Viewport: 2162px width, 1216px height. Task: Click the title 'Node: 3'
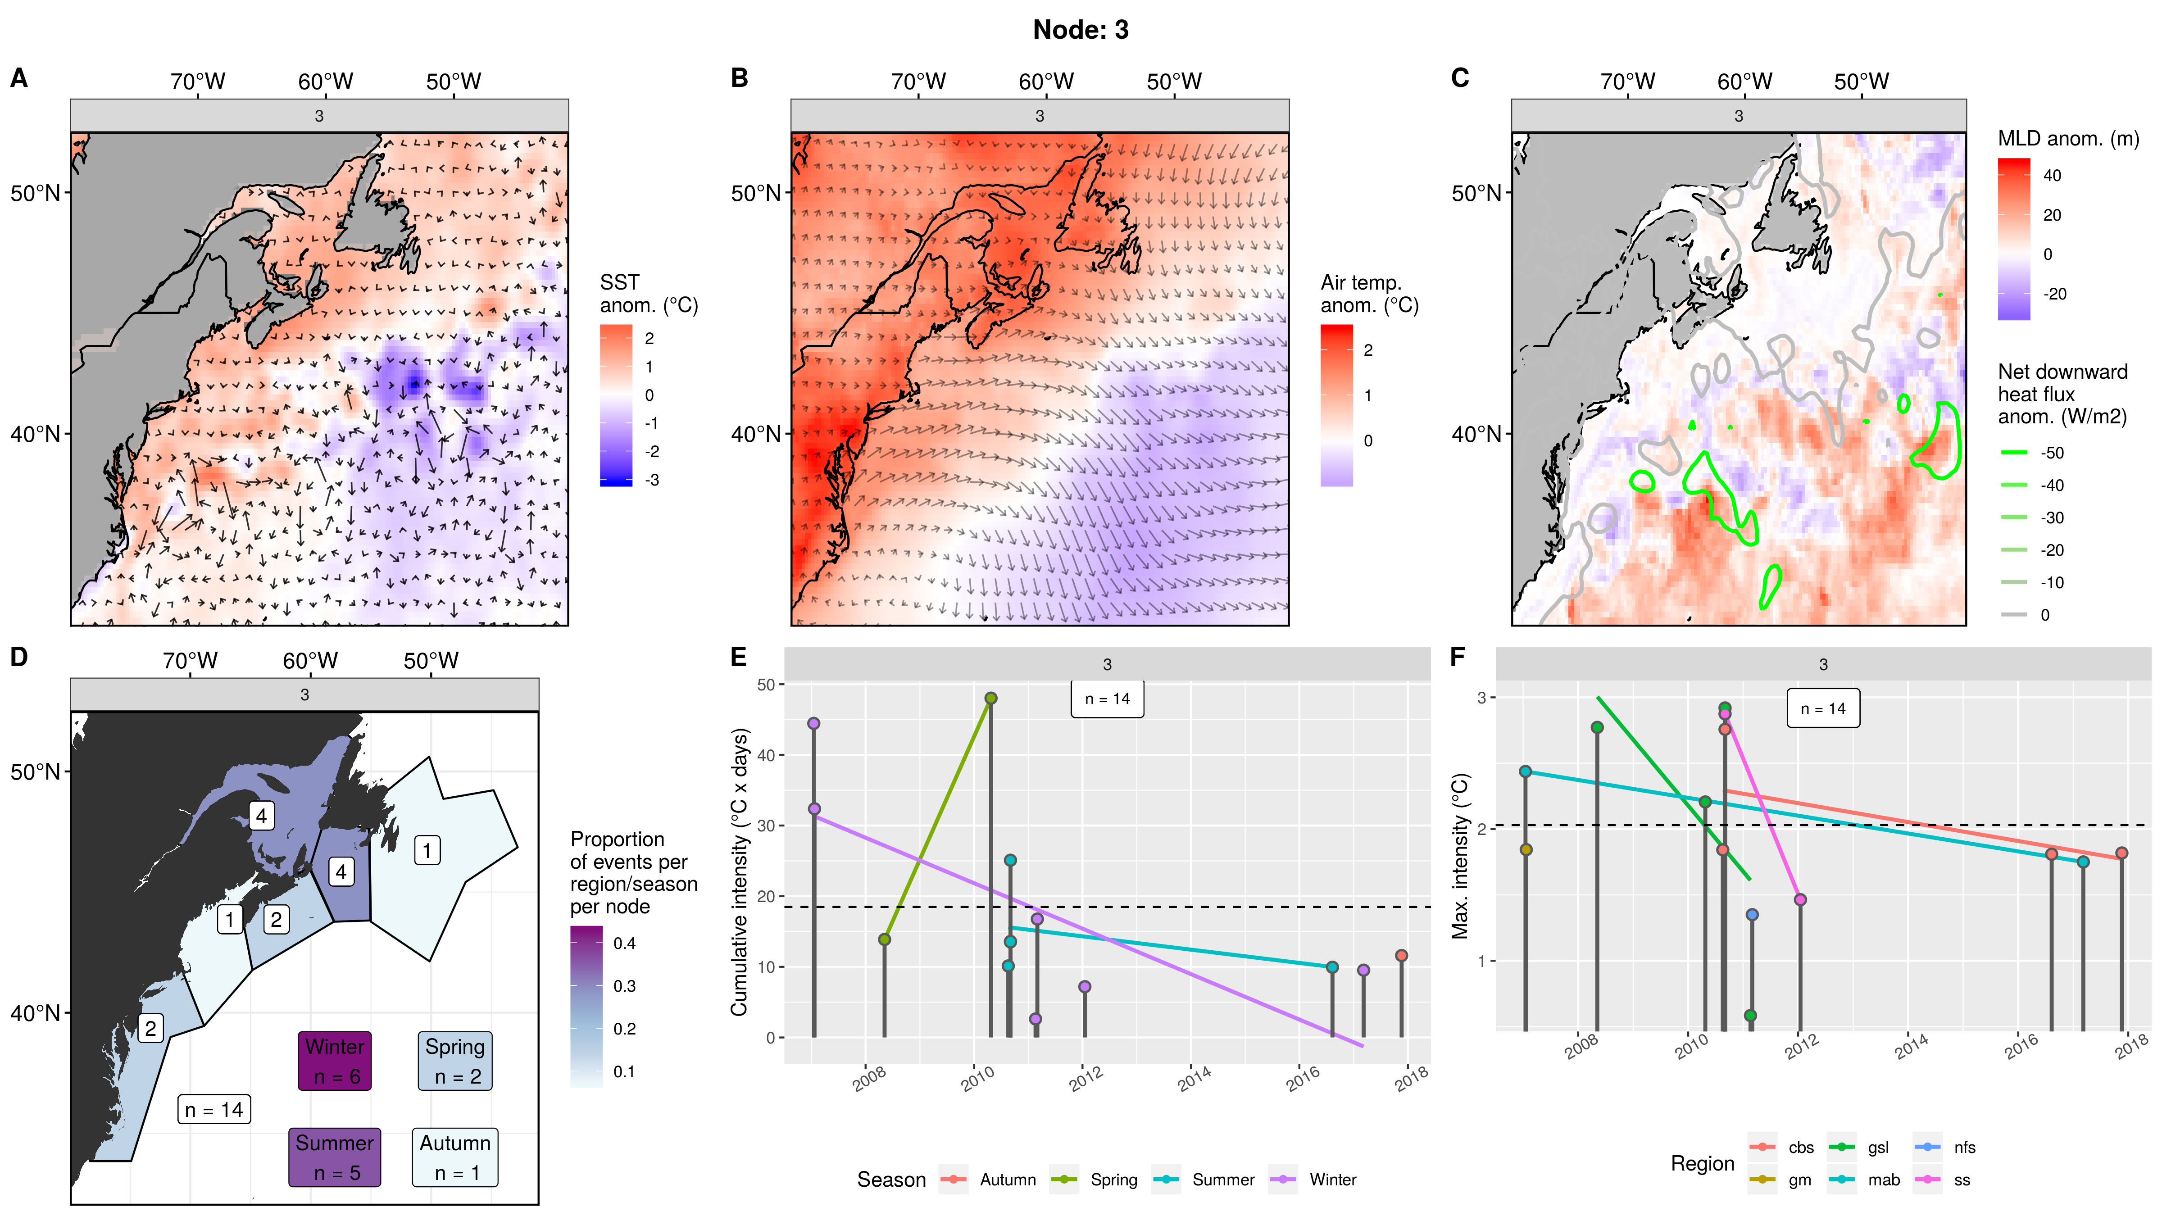pyautogui.click(x=1080, y=30)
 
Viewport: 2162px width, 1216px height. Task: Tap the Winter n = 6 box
pyautogui.click(x=335, y=1061)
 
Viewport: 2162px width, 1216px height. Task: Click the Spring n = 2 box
pyautogui.click(x=455, y=1061)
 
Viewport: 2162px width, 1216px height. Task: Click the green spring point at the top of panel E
pyautogui.click(x=990, y=698)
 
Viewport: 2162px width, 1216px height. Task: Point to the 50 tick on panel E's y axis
pyautogui.click(x=766, y=685)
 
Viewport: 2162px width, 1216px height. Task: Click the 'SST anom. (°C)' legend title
pyautogui.click(x=648, y=294)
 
